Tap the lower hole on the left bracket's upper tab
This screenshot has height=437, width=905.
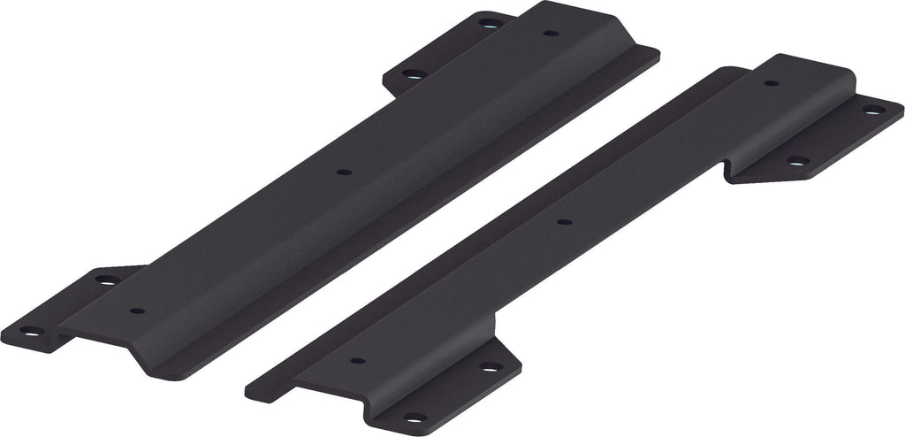tap(409, 74)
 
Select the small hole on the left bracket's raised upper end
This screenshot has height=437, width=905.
tap(550, 34)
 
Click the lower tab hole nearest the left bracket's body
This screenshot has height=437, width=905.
tap(106, 280)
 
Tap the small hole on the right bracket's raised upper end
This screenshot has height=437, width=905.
tap(771, 83)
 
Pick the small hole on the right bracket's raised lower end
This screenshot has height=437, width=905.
tap(357, 361)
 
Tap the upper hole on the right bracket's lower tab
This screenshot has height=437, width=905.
tap(486, 365)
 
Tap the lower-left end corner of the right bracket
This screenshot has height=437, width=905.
tap(247, 386)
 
